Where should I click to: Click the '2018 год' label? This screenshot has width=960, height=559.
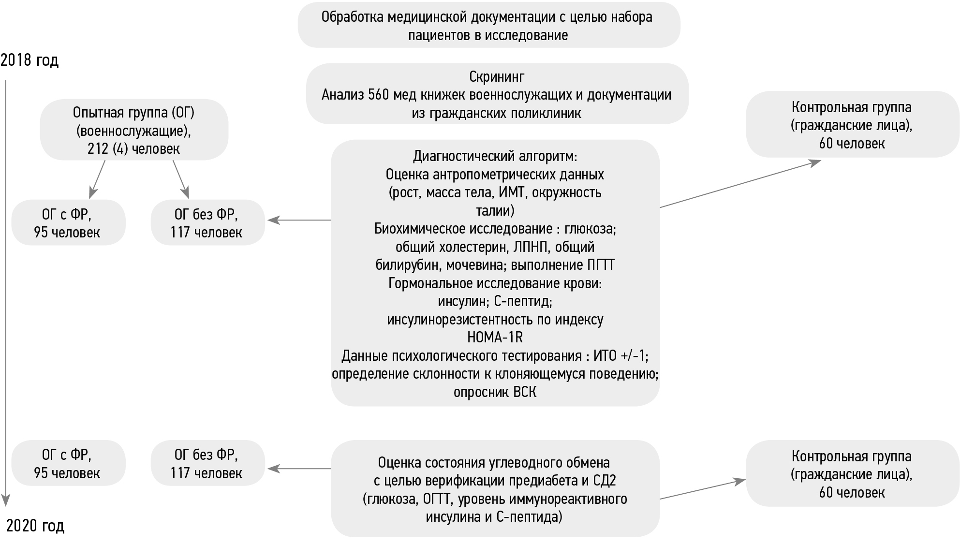(30, 60)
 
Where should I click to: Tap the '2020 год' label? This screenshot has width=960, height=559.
(35, 526)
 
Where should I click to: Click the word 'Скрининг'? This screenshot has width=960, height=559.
(497, 77)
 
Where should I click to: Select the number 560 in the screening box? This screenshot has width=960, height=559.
(378, 95)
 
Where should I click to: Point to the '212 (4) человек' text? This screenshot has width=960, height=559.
(133, 149)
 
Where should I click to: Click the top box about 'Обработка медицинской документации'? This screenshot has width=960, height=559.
(488, 25)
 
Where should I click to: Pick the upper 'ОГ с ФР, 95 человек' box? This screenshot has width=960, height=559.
(68, 223)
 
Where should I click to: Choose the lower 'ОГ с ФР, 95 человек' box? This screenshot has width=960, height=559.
(68, 463)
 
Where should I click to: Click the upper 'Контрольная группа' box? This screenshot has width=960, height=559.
(852, 125)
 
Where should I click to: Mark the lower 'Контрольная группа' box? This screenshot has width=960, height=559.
(852, 474)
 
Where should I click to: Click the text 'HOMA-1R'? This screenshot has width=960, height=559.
(495, 338)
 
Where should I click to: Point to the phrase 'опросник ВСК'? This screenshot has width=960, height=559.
(495, 392)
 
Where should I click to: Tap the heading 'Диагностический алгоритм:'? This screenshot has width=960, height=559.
(495, 156)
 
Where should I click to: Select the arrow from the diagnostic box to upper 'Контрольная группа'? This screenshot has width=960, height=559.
(740, 185)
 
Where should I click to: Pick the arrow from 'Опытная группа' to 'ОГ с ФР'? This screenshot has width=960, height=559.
(97, 178)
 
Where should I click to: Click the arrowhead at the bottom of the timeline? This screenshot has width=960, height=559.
(6, 500)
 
